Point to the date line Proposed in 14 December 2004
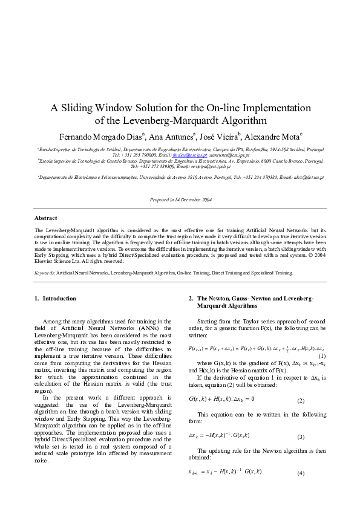click(x=180, y=199)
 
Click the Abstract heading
click(x=46, y=218)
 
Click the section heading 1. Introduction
click(x=56, y=298)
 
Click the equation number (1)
click(x=322, y=357)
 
